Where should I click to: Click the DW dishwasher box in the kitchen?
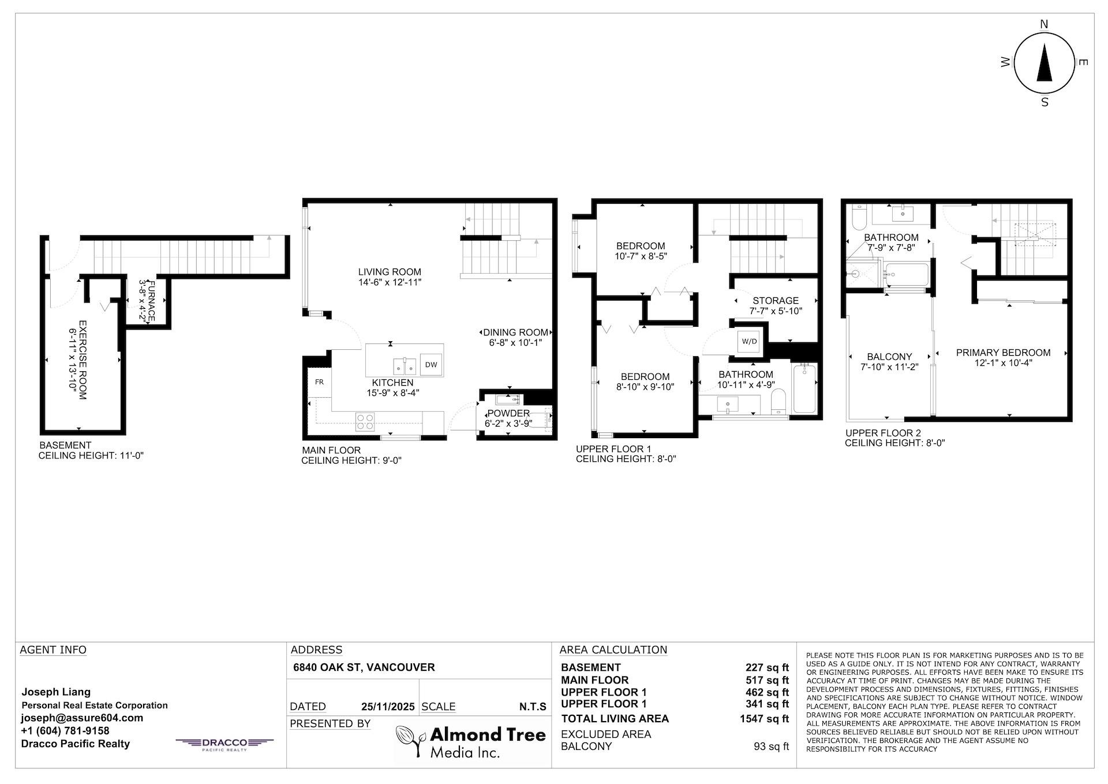coord(431,364)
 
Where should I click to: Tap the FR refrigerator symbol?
coord(319,382)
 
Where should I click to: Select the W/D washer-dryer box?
coord(749,341)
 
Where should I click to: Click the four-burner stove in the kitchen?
coord(364,421)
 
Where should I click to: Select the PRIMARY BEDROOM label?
coord(1003,352)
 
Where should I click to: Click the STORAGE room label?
coord(776,300)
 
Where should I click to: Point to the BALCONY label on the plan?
coord(889,357)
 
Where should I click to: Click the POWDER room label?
coord(508,413)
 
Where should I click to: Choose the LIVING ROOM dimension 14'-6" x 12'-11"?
coord(390,282)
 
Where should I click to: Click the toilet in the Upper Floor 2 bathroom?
coord(856,216)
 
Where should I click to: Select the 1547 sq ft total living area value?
coord(764,719)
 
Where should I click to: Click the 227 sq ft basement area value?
coord(767,667)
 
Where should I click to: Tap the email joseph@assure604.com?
coord(82,718)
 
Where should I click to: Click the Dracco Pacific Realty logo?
coord(224,744)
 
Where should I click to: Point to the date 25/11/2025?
coord(388,707)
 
